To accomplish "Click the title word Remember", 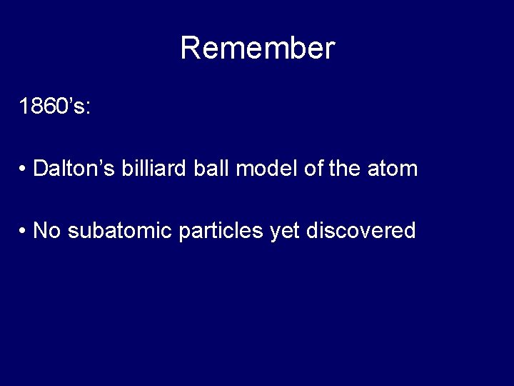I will tap(257, 49).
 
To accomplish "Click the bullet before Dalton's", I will tap(24, 169).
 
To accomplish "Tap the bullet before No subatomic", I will tap(24, 231).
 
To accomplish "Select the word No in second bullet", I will tap(46, 230).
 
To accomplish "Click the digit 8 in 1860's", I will tap(39, 107).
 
